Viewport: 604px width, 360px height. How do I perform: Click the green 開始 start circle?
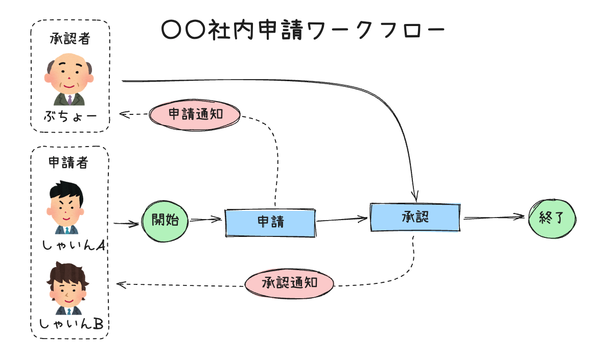[x=165, y=220]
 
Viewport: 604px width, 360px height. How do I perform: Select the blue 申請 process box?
[x=270, y=223]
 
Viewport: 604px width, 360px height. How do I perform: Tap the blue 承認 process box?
[x=415, y=217]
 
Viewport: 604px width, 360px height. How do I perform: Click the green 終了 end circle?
[x=551, y=218]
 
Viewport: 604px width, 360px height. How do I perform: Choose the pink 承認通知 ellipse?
[x=289, y=283]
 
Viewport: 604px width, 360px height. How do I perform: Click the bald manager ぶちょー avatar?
[x=69, y=79]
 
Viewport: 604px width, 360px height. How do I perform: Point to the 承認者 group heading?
[x=71, y=38]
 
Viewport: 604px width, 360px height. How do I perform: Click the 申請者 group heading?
[x=68, y=162]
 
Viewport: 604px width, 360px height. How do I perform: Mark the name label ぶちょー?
[x=70, y=116]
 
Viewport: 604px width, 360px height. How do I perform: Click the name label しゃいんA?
[x=74, y=246]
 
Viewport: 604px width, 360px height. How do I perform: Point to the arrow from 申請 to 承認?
[x=342, y=220]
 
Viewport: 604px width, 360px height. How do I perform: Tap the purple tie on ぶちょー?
[x=69, y=99]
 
